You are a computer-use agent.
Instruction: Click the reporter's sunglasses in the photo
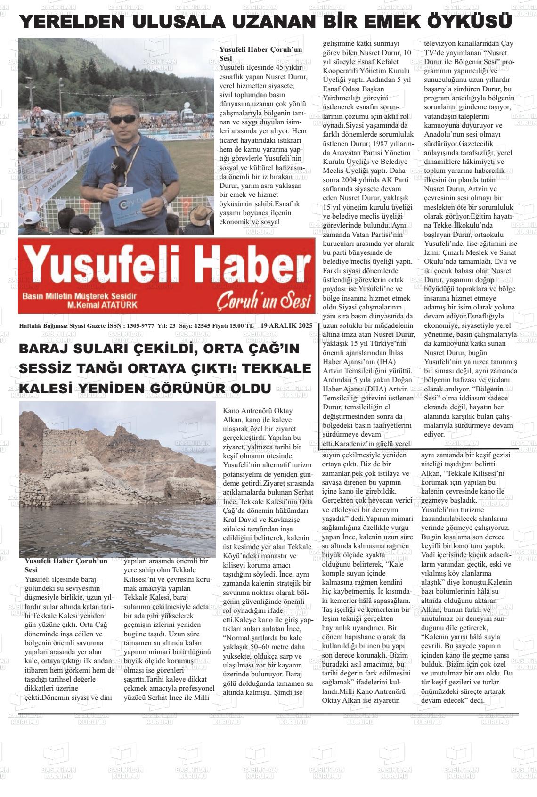pos(123,120)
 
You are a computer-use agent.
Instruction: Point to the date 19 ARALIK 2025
pos(286,325)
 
